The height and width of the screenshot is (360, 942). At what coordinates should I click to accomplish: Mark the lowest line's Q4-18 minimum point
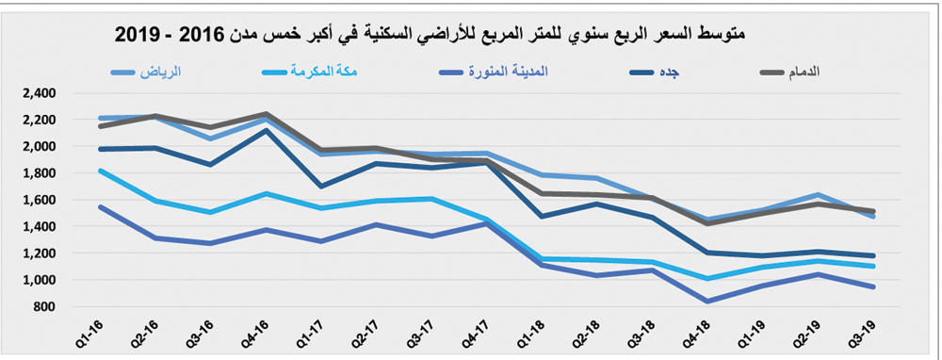coord(706,302)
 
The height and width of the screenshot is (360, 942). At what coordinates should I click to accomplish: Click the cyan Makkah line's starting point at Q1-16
coord(99,171)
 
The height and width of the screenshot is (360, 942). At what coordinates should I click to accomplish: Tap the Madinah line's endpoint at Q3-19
coord(872,286)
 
